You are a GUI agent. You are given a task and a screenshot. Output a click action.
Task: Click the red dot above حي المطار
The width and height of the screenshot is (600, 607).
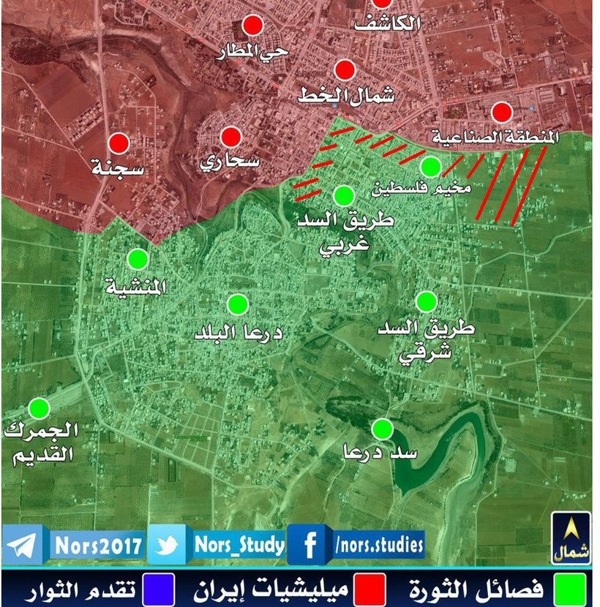[x=253, y=26]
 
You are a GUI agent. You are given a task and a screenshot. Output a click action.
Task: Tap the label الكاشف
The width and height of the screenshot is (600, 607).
[x=388, y=23]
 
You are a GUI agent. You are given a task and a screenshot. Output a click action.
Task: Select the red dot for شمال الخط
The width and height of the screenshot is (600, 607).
[x=345, y=70]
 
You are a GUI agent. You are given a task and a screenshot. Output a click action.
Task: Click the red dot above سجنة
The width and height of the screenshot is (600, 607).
[x=119, y=143]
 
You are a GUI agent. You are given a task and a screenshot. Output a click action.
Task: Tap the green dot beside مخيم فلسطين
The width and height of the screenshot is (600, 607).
[x=430, y=167]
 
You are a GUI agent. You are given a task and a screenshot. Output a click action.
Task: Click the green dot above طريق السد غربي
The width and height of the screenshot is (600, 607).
[x=344, y=195]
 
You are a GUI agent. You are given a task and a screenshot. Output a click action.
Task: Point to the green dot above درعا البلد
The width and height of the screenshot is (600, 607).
[x=237, y=303]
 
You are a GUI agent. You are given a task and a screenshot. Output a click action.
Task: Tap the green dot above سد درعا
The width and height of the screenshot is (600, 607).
[x=381, y=428]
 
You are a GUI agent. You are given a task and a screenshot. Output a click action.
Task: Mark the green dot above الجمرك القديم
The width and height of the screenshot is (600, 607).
[x=39, y=408]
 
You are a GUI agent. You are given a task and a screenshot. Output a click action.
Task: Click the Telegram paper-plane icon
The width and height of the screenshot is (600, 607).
[x=23, y=545]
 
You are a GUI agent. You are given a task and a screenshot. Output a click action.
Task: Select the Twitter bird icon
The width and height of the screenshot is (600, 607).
[x=168, y=545]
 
